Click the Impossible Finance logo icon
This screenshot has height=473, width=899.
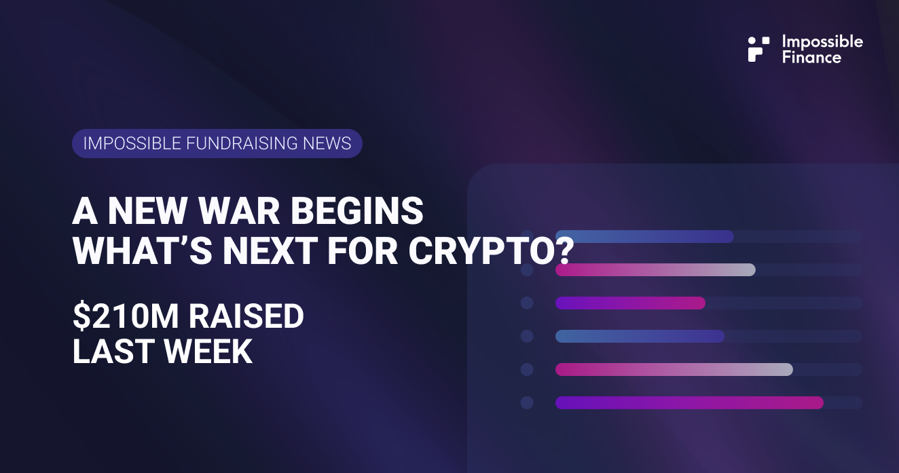[758, 50]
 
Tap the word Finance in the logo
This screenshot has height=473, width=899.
[811, 58]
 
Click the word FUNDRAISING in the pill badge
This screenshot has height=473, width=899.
[242, 143]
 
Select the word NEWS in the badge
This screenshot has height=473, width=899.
[327, 143]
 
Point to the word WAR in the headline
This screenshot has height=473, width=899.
[239, 211]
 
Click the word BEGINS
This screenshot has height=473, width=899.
[356, 211]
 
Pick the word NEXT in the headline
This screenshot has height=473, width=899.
[270, 251]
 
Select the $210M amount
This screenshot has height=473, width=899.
[126, 316]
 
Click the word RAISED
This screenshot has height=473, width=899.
[246, 316]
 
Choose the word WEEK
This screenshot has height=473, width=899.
[208, 352]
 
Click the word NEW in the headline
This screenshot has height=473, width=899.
[147, 211]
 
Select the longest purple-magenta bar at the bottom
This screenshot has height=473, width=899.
[689, 402]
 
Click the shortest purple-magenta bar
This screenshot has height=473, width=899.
[630, 303]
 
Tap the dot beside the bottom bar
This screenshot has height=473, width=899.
[527, 402]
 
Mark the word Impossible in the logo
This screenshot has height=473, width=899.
[823, 42]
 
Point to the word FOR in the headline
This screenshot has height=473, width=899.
[363, 251]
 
